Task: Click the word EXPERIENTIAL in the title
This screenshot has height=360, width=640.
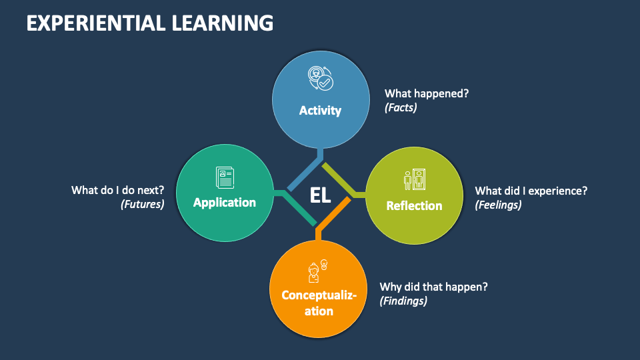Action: [x=93, y=23]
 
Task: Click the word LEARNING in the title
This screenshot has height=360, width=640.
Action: [x=220, y=23]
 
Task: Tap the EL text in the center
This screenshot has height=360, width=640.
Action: [x=320, y=195]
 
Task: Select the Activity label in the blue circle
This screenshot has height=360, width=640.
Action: [x=320, y=111]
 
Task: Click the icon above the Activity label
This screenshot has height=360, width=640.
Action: [x=319, y=79]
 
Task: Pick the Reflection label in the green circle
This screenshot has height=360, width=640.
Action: [x=414, y=205]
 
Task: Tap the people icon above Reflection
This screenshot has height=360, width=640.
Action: [x=414, y=179]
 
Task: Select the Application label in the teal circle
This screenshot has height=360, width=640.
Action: [x=225, y=202]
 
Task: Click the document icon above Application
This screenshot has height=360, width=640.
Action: [x=225, y=177]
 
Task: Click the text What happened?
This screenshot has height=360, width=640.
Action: [x=427, y=93]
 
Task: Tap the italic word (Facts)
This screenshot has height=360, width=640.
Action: [x=401, y=107]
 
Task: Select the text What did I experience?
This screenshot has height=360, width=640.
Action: [x=531, y=191]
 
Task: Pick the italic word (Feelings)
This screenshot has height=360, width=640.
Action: [x=498, y=205]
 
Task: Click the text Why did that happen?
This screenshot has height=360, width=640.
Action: [x=434, y=287]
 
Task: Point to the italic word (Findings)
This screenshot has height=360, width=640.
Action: [x=403, y=301]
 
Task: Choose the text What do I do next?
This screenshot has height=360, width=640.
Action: [x=118, y=190]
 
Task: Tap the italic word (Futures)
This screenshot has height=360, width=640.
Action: [x=142, y=204]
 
